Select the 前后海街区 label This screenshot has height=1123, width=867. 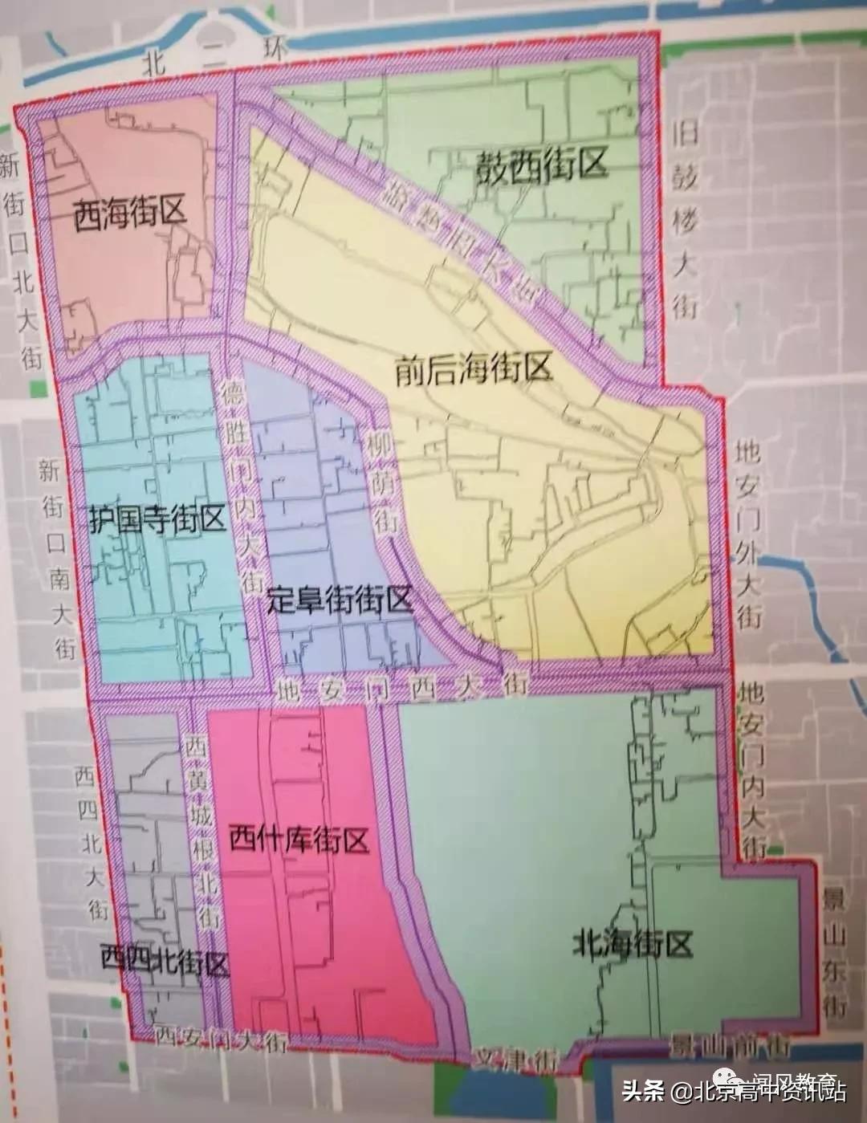474,370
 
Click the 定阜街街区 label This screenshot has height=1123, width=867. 340,600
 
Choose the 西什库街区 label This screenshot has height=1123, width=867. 299,840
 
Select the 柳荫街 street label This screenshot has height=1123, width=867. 382,481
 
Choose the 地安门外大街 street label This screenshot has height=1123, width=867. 748,533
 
